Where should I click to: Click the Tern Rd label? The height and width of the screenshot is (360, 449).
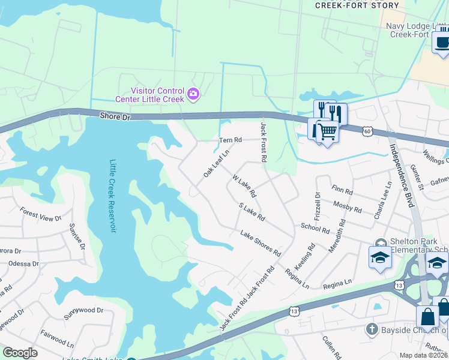(x=230, y=140)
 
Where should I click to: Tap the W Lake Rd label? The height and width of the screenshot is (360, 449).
(x=244, y=186)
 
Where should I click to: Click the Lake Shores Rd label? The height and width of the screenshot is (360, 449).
(x=261, y=243)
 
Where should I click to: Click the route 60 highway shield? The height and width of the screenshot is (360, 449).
(x=367, y=130)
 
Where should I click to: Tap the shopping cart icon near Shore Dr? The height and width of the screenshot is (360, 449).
(x=327, y=130)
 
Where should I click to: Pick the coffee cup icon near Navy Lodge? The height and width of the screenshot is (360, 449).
(x=442, y=43)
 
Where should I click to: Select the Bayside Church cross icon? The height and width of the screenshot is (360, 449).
(x=372, y=329)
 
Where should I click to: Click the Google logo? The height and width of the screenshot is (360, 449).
(x=20, y=353)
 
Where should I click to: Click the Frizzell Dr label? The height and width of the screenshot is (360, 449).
(x=317, y=205)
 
